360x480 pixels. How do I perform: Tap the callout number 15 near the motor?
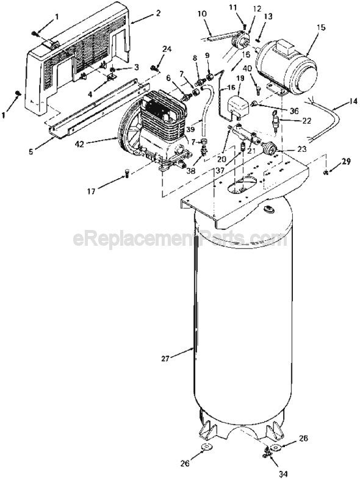pyautogui.click(x=321, y=27)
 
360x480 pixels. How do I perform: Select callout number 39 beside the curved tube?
pyautogui.click(x=190, y=129)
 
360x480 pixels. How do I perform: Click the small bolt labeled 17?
pyautogui.click(x=126, y=174)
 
